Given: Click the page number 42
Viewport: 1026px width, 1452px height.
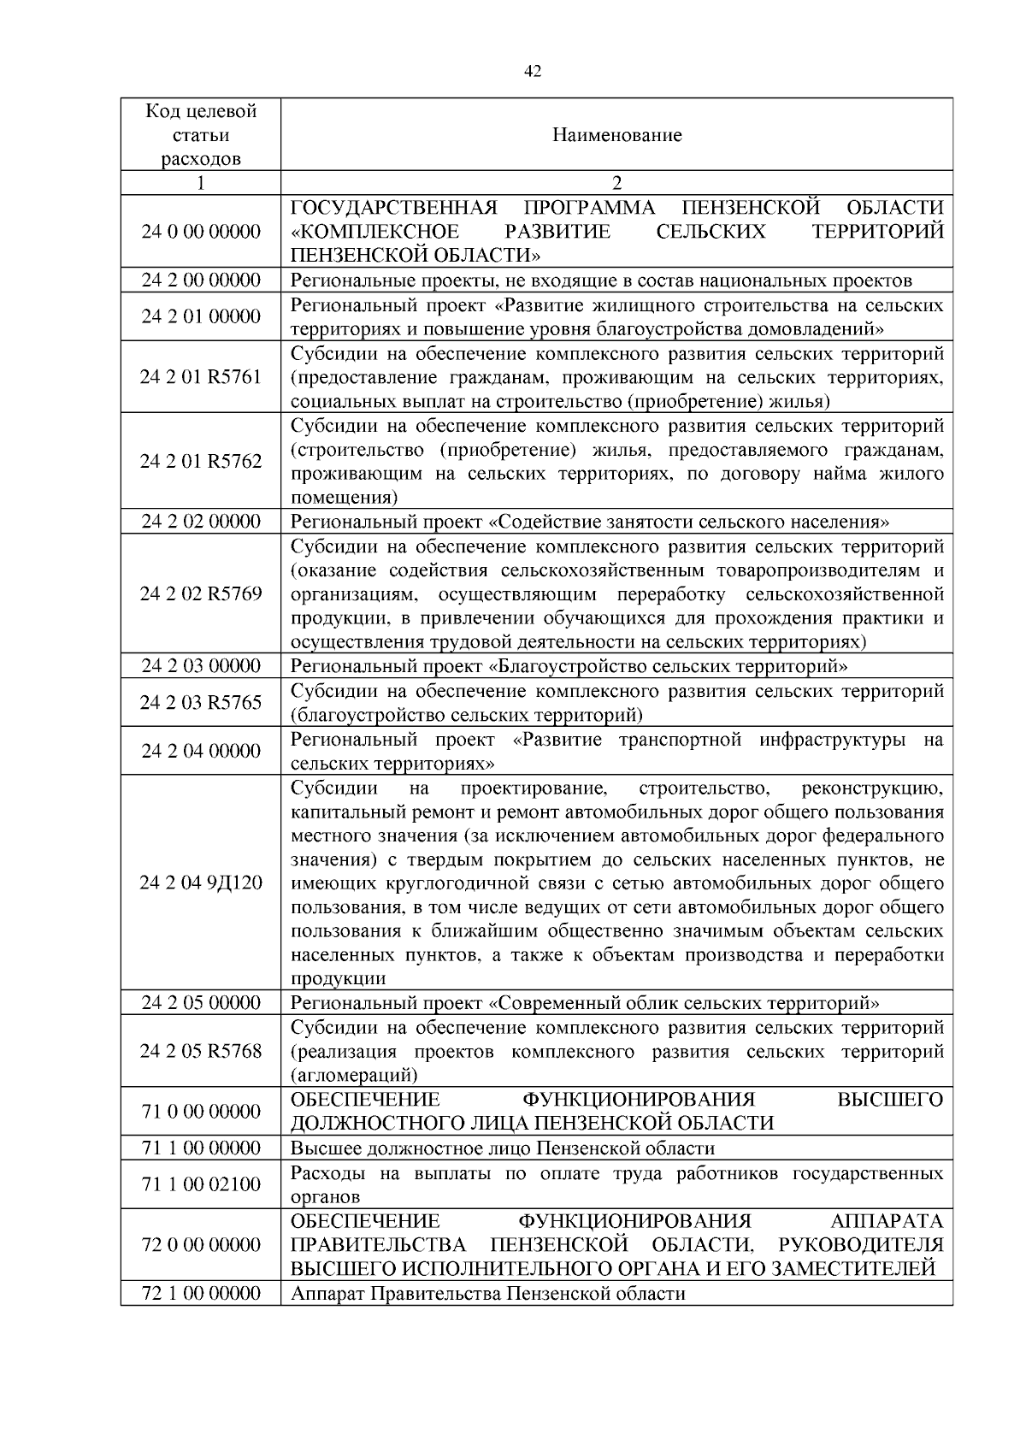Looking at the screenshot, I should [532, 72].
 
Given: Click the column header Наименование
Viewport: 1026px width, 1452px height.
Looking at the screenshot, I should [616, 135].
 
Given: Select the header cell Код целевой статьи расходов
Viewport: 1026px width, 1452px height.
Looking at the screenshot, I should [201, 135].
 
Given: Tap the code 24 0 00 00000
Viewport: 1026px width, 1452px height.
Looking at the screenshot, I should [201, 232].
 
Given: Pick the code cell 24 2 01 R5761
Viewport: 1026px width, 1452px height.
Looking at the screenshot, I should [201, 377].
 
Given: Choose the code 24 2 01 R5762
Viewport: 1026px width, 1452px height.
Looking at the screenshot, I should [201, 461].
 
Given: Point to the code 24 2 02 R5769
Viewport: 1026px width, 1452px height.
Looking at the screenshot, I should [201, 593].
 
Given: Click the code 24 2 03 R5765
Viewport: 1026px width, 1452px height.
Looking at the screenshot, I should [201, 702].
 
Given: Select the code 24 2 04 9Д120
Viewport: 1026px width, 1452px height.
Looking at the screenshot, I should [201, 882].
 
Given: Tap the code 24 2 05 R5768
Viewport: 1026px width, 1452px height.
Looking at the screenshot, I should [201, 1051].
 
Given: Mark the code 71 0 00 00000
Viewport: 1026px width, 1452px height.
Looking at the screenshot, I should [201, 1111].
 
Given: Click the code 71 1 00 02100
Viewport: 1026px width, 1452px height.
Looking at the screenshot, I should [201, 1184].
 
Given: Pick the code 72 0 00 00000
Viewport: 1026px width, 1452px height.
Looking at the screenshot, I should [201, 1244].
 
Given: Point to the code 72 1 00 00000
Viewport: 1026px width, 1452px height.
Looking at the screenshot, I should [201, 1293].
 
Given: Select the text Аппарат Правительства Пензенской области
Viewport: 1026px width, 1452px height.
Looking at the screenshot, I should [488, 1294].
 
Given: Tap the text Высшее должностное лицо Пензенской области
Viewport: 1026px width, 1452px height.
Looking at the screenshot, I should [503, 1148].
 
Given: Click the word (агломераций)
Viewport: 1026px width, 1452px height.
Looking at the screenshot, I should [354, 1075].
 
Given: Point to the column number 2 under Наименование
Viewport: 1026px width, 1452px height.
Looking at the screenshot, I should [616, 183].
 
